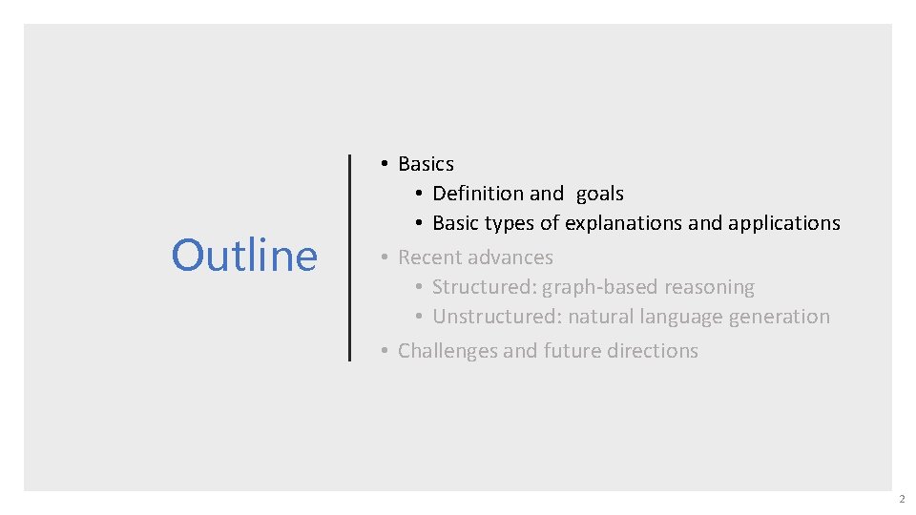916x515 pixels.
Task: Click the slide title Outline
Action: point(244,256)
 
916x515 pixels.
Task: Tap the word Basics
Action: point(426,164)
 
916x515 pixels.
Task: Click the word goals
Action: point(599,194)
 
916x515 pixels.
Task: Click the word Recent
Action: point(428,257)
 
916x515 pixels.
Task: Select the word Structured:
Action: point(484,287)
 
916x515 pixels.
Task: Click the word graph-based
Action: point(597,287)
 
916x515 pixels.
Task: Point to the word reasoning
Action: point(707,287)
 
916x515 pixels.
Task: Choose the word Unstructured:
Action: point(495,317)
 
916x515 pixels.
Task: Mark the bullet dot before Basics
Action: point(383,164)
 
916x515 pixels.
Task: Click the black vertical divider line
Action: point(350,257)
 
